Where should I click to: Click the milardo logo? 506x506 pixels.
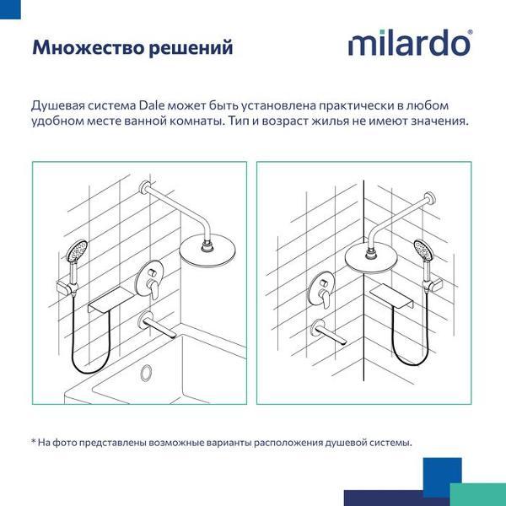click(x=410, y=43)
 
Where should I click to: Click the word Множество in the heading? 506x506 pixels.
click(x=88, y=47)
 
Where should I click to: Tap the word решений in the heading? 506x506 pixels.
click(x=191, y=49)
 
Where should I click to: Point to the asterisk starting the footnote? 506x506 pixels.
click(x=33, y=441)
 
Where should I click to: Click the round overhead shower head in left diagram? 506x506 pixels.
click(x=207, y=250)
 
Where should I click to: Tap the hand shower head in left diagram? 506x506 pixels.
click(x=77, y=250)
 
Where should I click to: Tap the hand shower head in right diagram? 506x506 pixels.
click(x=423, y=250)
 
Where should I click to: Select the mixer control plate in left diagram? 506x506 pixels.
click(x=148, y=278)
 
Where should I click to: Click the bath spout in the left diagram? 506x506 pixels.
click(x=157, y=325)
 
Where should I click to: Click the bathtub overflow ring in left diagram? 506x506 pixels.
click(x=146, y=372)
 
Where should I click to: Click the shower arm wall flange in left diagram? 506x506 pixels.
click(x=145, y=187)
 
